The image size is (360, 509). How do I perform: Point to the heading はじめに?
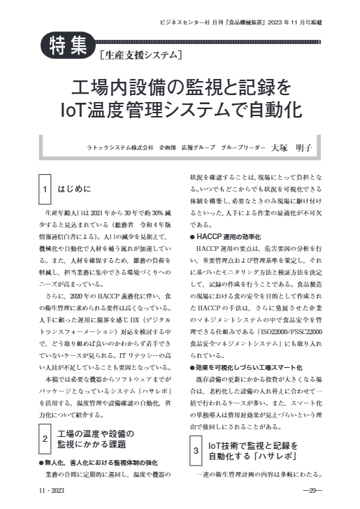pyautogui.click(x=75, y=189)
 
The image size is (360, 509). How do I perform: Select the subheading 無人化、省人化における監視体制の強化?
pyautogui.click(x=100, y=482)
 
